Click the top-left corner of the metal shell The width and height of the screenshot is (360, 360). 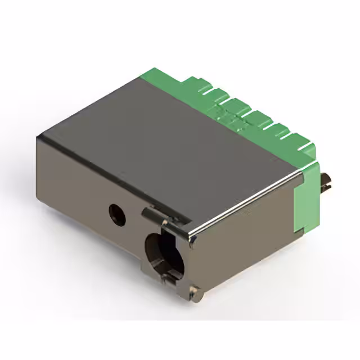(x=38, y=137)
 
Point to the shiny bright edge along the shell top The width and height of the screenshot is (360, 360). (x=247, y=202)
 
